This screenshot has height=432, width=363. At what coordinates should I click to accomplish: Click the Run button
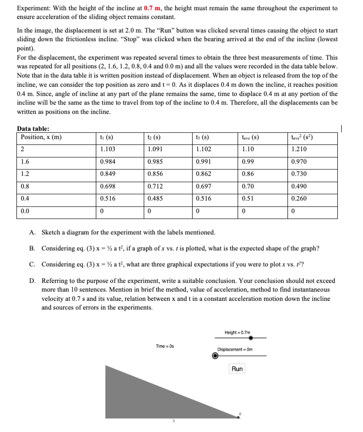pos(237,369)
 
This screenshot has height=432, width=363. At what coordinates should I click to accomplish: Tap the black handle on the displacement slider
pos(215,356)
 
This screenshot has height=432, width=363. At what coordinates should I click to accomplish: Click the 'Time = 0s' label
pos(165,346)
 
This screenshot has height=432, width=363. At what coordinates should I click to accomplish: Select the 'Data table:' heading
pos(33,128)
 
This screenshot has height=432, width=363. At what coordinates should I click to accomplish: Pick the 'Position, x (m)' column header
pos(41,137)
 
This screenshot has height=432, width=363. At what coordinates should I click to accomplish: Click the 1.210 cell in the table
pos(299,150)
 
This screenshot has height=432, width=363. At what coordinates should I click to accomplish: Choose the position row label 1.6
pos(25,162)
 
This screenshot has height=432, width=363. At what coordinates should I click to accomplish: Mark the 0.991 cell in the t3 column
pos(202,162)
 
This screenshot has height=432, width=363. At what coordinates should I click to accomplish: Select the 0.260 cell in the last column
pos(299,199)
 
